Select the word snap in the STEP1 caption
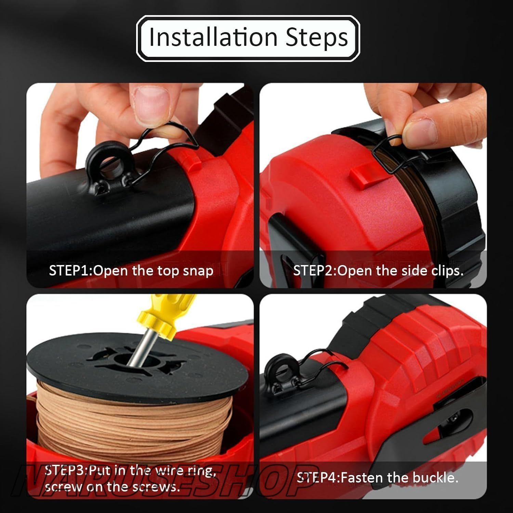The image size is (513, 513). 198,271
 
